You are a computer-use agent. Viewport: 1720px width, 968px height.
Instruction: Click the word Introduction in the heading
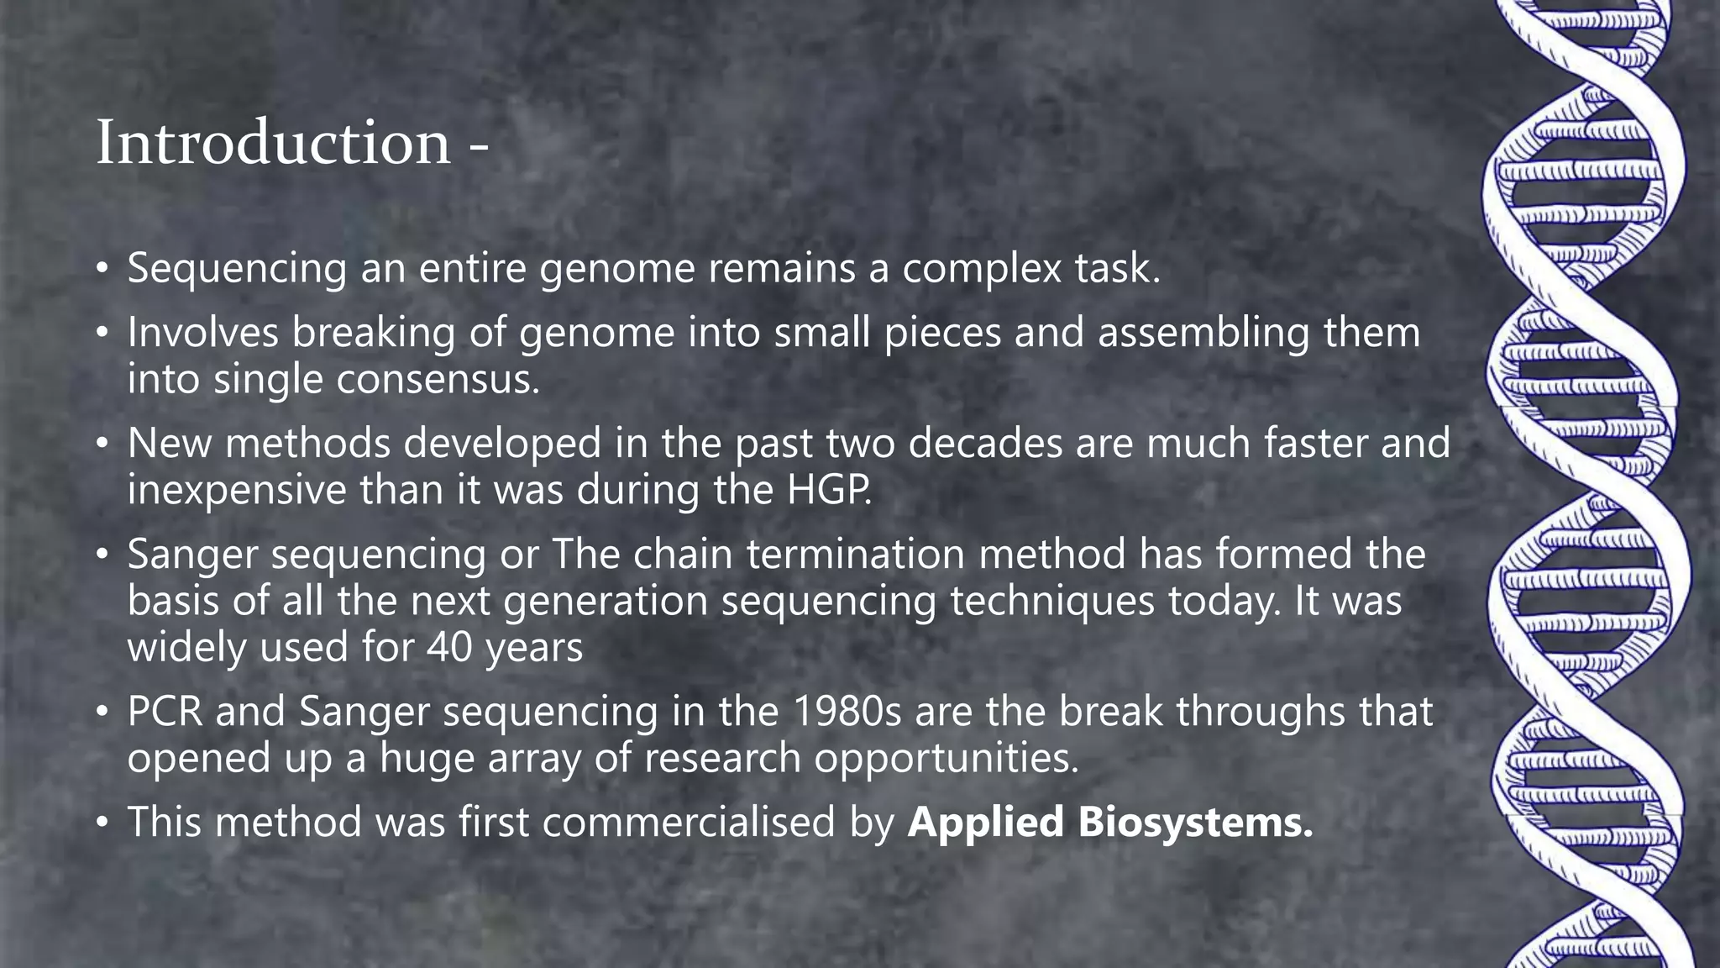pos(274,143)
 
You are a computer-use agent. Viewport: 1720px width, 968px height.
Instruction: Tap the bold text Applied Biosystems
pos(1109,822)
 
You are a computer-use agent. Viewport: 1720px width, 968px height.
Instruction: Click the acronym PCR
pos(165,712)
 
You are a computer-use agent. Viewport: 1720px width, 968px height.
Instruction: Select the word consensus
pos(438,379)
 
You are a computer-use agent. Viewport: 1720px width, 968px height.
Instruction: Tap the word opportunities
pos(946,758)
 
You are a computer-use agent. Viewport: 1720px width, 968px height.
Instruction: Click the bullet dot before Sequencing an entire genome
pos(102,269)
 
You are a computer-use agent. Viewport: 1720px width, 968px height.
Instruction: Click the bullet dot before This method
pos(102,822)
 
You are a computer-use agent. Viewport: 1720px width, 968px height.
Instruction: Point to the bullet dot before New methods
pos(102,444)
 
